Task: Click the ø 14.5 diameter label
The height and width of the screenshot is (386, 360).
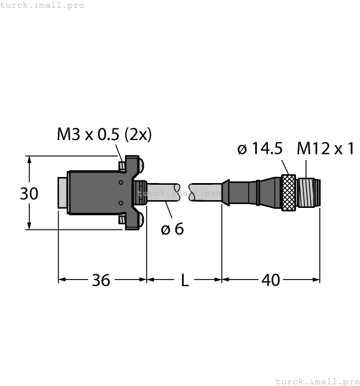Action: point(260,148)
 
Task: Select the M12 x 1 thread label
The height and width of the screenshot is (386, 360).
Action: point(325,148)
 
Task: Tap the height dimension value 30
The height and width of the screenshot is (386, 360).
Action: point(29,194)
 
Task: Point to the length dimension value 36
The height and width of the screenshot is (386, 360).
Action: point(100,280)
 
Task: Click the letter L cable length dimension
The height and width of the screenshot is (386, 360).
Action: point(185,281)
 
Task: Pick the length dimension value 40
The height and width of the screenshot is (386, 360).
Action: point(270,280)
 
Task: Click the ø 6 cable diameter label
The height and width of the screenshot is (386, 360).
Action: point(172,229)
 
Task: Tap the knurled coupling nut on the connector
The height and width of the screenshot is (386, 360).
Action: point(288,193)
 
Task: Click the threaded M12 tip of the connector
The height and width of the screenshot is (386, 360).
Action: point(309,193)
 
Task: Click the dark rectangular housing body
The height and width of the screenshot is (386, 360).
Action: point(94,192)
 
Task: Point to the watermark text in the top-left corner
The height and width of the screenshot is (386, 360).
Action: point(42,5)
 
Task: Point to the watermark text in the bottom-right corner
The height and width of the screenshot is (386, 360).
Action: point(316,381)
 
